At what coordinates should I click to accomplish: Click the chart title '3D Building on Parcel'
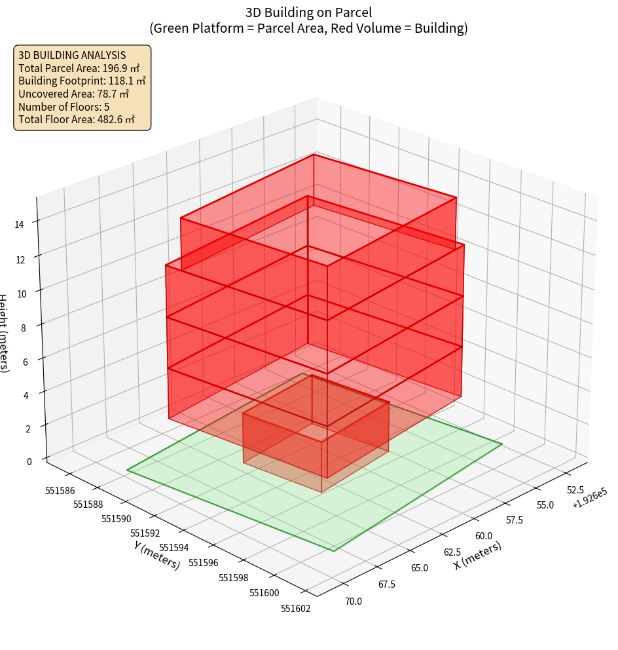[x=308, y=12]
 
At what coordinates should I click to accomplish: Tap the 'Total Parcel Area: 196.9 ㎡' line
[x=79, y=68]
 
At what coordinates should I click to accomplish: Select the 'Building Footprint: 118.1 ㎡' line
[x=82, y=81]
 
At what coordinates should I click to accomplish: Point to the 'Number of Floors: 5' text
[x=64, y=107]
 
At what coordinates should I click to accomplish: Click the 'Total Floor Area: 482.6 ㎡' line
[x=76, y=120]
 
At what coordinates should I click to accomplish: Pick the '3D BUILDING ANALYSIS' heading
[x=72, y=56]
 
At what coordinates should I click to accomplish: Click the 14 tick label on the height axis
[x=20, y=224]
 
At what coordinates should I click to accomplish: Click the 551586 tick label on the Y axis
[x=59, y=490]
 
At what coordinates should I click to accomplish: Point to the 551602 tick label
[x=296, y=608]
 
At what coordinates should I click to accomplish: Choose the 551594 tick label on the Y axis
[x=173, y=547]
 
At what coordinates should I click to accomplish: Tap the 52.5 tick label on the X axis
[x=575, y=489]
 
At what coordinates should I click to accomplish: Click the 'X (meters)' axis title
[x=477, y=556]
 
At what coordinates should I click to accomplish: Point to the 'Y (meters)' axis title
[x=156, y=554]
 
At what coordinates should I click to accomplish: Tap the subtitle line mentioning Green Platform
[x=308, y=29]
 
